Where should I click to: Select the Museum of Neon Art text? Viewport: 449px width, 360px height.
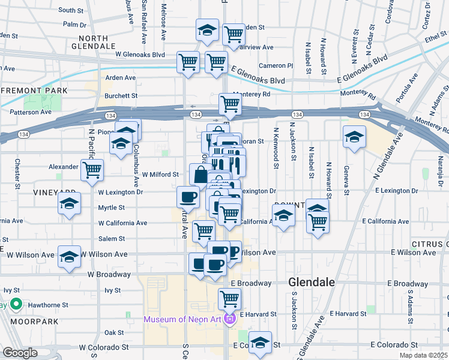182,318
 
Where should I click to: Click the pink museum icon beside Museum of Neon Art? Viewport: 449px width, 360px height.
229,319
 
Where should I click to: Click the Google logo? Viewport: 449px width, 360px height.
20,353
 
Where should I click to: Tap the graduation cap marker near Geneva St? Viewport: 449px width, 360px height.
355,137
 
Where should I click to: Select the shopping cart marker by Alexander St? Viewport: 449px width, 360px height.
92,170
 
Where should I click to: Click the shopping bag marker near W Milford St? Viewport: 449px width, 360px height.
200,175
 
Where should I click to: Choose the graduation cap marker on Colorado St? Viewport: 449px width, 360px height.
260,343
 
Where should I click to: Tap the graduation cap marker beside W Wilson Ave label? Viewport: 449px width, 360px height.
70,256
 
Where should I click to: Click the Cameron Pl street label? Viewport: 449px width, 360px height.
276,65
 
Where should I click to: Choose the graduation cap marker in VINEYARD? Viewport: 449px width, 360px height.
70,203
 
